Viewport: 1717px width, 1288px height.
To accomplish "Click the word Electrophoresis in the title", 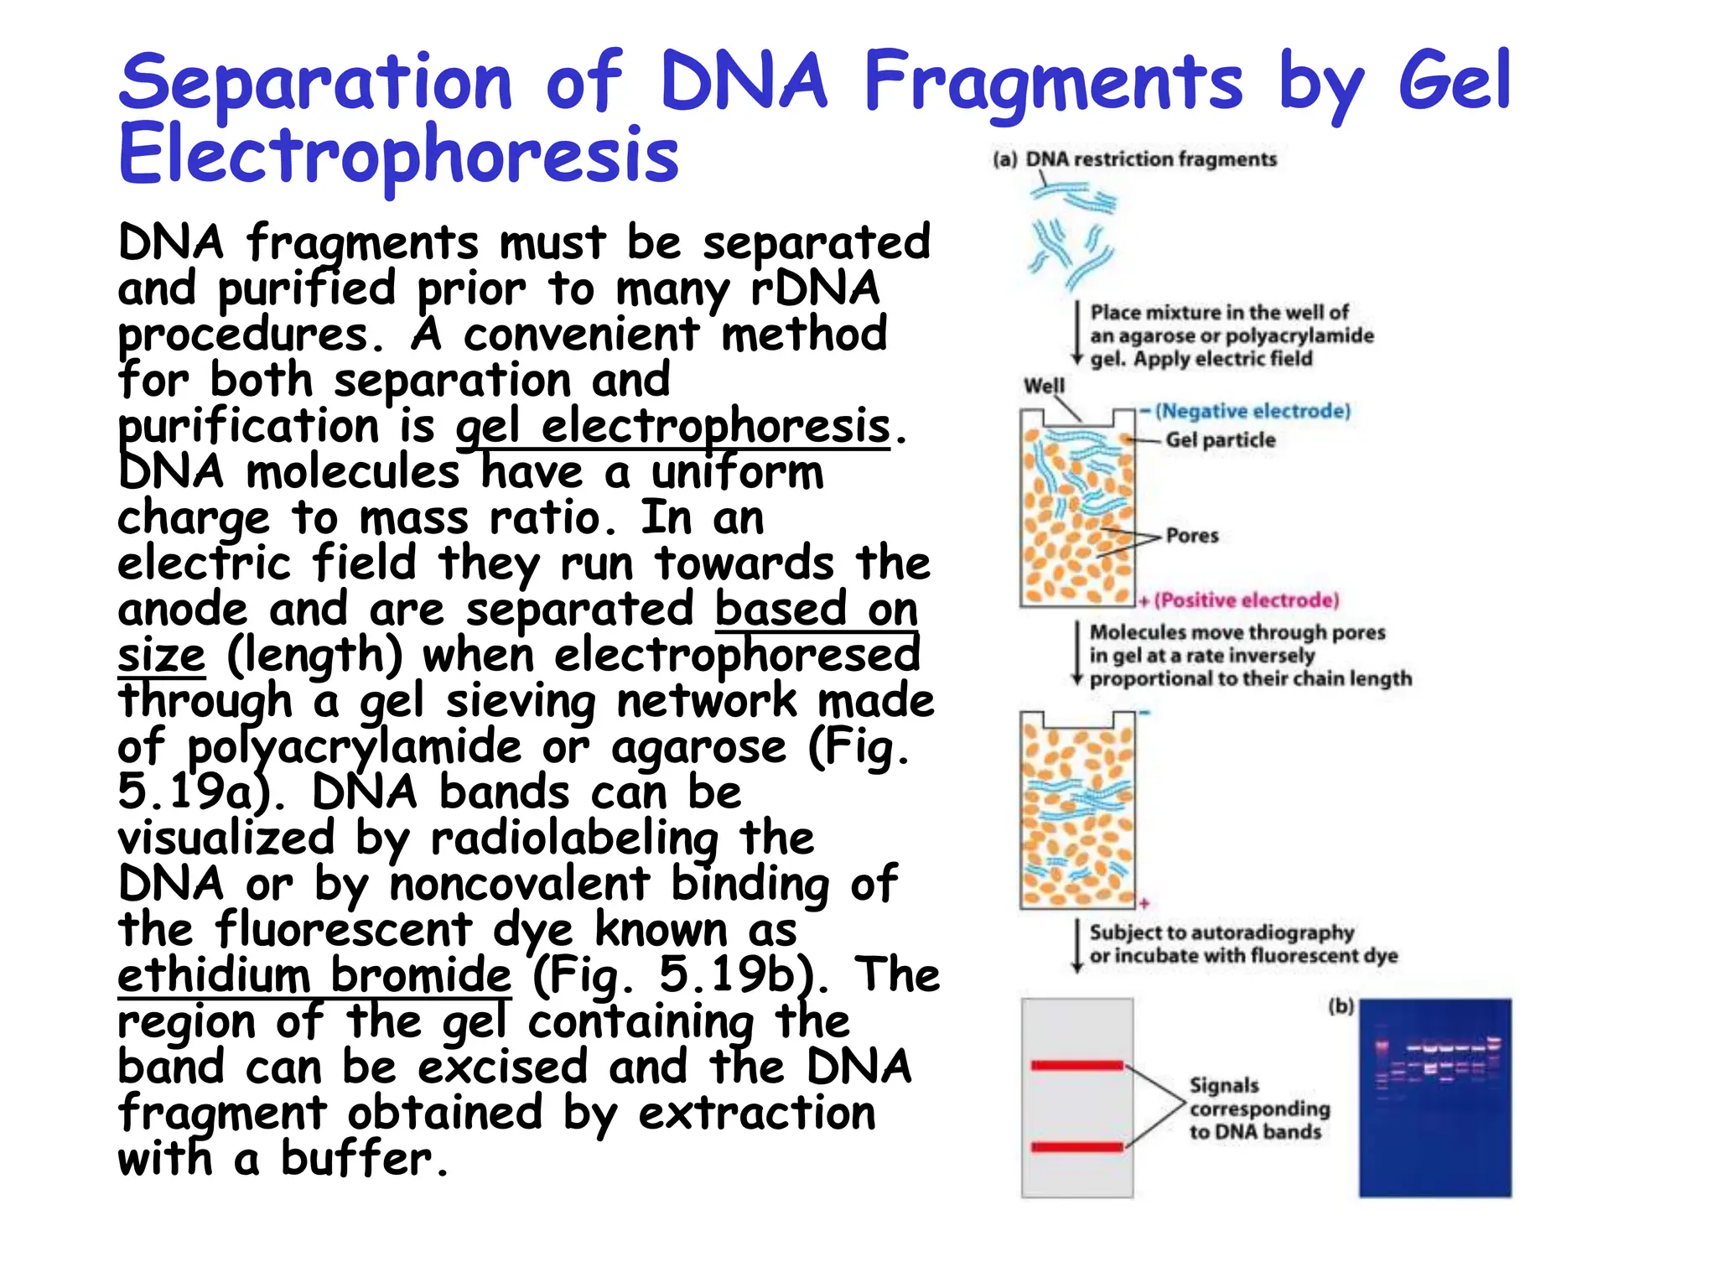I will pos(398,155).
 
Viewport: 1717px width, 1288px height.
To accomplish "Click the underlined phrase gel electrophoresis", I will pos(672,426).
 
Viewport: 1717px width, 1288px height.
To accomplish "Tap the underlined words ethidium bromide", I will pos(314,975).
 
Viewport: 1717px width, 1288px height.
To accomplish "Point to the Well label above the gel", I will pos(1044,386).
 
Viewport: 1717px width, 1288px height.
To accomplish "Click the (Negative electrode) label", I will pos(1253,411).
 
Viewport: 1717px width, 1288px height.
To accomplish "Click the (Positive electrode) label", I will pos(1247,600).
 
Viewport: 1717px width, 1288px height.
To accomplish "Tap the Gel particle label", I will pos(1220,440).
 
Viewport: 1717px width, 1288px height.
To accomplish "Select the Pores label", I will pos(1191,536).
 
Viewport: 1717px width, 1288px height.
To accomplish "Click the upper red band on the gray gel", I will pos(1076,1066).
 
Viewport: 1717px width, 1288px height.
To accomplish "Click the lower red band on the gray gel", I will pos(1076,1147).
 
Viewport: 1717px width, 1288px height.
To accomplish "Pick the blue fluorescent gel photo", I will pos(1434,1097).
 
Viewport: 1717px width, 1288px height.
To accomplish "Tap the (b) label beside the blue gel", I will pos(1341,1006).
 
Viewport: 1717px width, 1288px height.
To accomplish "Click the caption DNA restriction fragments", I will pos(1150,159).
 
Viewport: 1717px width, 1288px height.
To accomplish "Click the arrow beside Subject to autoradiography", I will pos(1077,945).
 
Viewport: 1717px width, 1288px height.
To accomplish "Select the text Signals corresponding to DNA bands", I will pos(1258,1109).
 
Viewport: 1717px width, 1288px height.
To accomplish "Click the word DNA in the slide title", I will pos(744,81).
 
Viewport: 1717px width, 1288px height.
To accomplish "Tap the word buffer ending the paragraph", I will pos(356,1159).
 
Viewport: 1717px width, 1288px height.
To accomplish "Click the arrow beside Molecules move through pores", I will pos(1077,654).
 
